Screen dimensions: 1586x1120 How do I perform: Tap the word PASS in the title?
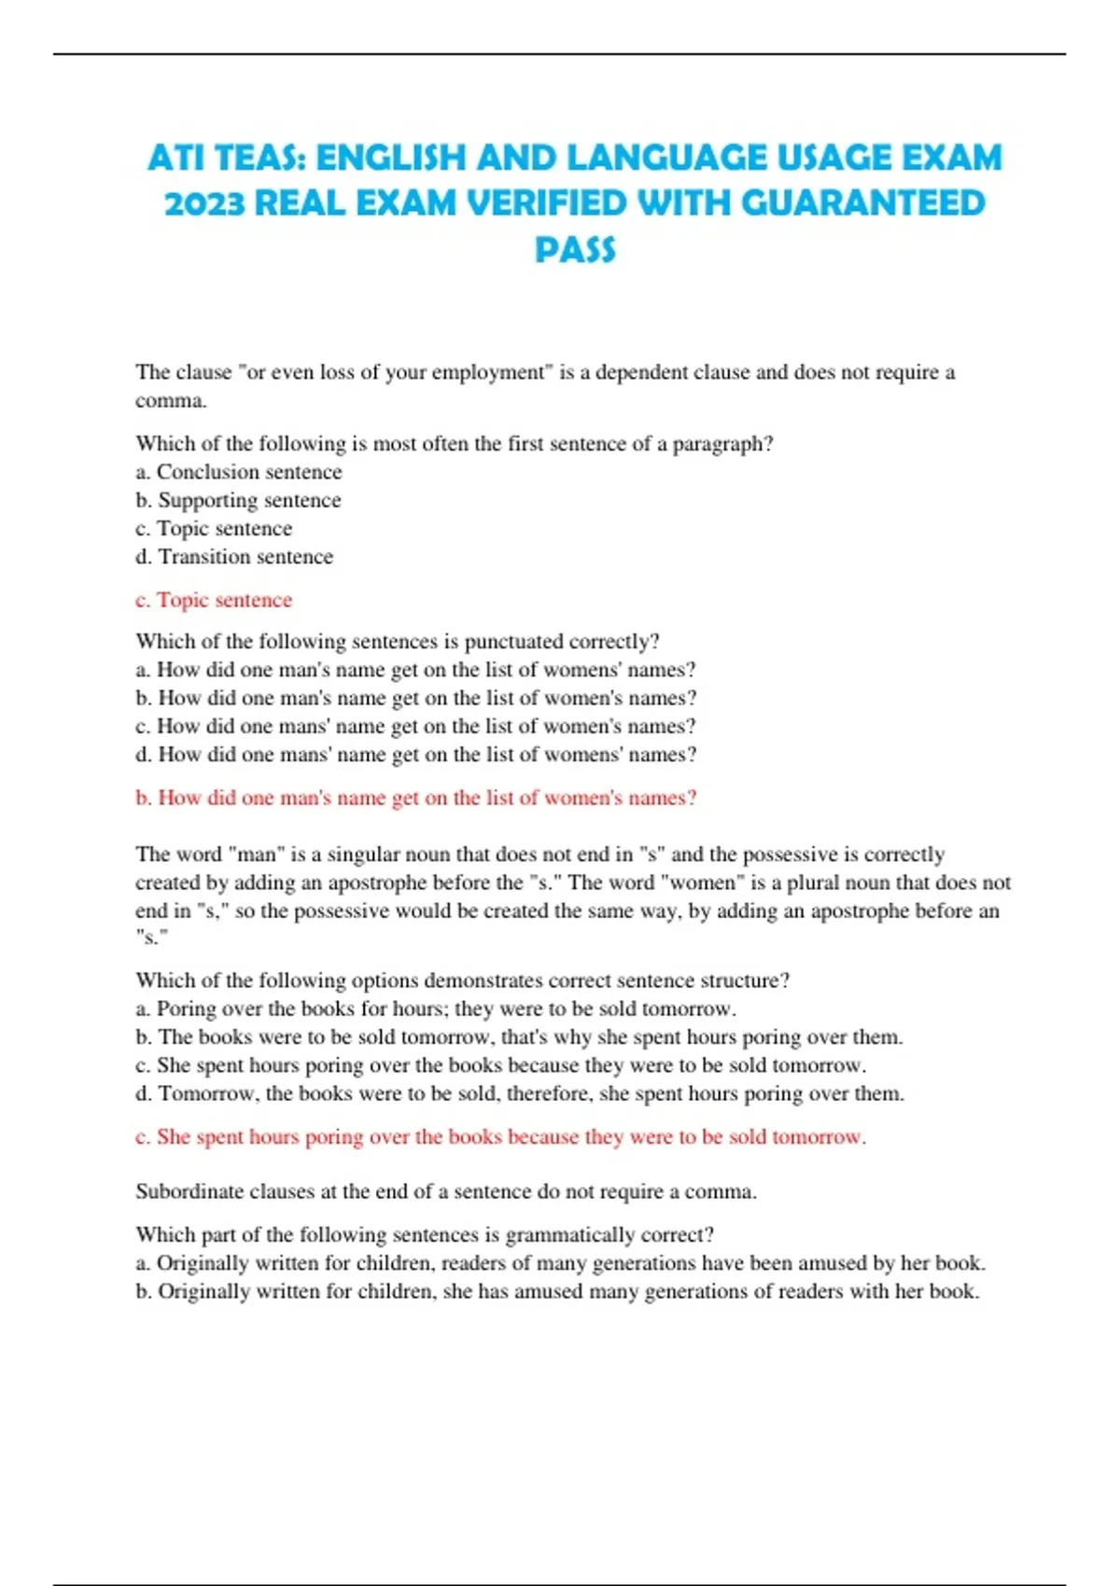point(575,249)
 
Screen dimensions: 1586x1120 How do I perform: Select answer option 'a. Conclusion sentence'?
point(239,472)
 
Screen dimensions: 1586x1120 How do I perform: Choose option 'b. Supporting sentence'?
point(238,500)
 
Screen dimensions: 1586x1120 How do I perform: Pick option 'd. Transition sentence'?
point(234,557)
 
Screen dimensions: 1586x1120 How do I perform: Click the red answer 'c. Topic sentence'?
point(214,600)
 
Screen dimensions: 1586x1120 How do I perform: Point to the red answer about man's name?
point(416,798)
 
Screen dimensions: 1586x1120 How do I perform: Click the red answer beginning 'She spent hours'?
point(501,1136)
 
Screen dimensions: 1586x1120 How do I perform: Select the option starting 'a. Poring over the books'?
point(436,1009)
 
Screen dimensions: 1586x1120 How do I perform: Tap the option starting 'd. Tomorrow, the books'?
point(520,1093)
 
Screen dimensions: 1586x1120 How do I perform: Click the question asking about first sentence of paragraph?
point(455,444)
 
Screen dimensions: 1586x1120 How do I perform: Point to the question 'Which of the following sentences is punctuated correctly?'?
point(398,642)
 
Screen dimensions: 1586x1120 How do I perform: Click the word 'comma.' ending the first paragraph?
point(171,401)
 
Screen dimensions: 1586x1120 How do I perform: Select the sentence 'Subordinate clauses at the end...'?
point(446,1191)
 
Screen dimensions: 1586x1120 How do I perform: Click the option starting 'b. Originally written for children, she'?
point(557,1292)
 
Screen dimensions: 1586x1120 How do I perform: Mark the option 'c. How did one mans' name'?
point(415,727)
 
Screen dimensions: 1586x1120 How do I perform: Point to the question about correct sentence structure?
point(463,981)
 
